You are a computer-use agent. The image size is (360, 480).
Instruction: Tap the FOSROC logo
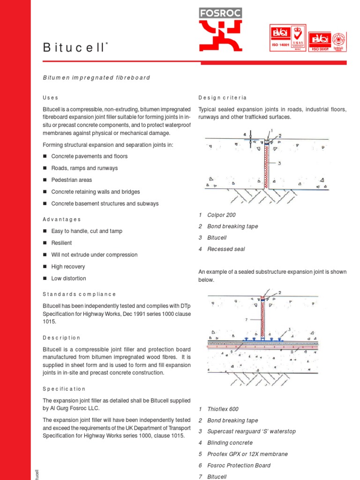220,29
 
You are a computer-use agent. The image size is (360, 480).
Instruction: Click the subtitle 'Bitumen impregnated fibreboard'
96,77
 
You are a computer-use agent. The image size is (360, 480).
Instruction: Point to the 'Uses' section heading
51,97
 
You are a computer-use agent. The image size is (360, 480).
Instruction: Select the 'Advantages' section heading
62,219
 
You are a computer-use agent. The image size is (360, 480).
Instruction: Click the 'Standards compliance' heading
79,294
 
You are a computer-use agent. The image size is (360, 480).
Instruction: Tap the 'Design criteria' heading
222,97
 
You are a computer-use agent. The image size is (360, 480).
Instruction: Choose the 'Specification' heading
64,389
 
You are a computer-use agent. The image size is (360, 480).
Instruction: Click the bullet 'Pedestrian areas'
71,180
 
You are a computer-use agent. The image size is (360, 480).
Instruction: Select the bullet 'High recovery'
68,267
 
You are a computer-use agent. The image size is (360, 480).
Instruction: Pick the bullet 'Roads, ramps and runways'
84,168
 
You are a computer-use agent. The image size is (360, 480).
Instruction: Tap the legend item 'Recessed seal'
226,249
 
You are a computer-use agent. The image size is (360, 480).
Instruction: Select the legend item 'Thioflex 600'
223,409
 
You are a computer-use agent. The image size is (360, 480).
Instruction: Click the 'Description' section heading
61,337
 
